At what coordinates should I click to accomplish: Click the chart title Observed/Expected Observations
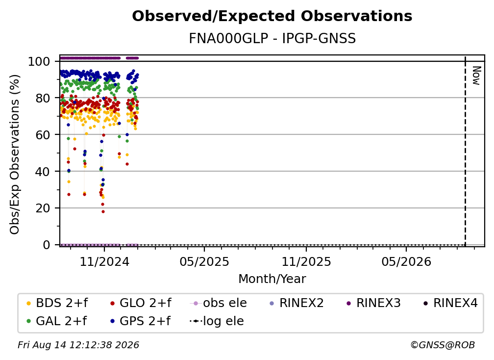[272, 16]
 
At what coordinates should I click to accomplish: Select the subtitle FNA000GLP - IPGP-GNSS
[272, 39]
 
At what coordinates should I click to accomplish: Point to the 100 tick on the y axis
[39, 61]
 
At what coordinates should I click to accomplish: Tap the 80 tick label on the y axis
[43, 98]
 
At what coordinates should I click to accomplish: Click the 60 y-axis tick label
[43, 135]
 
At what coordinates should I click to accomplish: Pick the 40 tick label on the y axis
[43, 172]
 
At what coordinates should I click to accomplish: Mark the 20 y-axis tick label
[43, 208]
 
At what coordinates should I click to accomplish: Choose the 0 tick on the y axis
[47, 245]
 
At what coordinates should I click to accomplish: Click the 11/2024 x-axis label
[104, 262]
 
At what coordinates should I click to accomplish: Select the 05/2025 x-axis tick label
[204, 262]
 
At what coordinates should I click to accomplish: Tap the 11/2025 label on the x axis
[306, 262]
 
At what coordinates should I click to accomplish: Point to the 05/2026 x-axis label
[406, 262]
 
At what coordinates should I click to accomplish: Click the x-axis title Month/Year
[272, 279]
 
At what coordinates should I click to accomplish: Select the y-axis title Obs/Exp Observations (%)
[15, 154]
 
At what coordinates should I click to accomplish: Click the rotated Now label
[476, 76]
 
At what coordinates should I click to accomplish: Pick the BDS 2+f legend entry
[57, 303]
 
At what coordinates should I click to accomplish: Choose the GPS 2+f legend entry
[141, 321]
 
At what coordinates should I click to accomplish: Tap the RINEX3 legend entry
[373, 303]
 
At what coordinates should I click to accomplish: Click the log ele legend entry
[217, 321]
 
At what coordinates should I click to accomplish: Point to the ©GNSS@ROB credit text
[443, 345]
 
